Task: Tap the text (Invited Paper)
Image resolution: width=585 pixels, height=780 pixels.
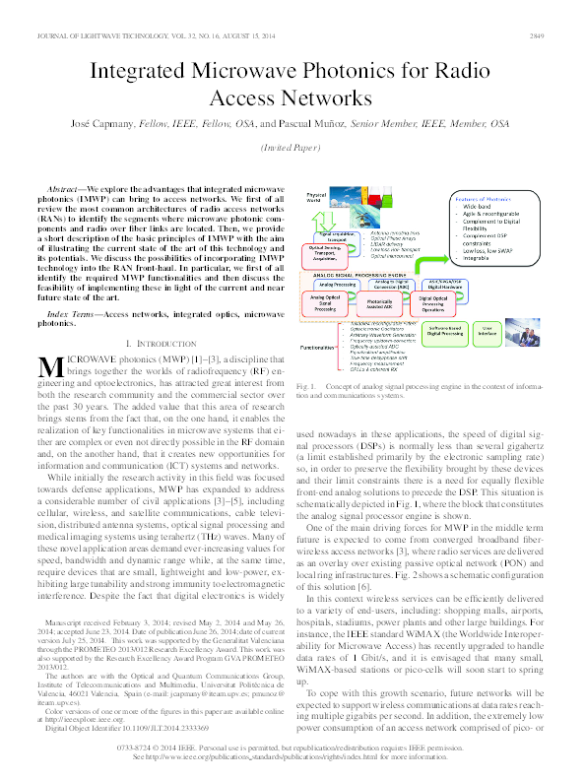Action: pyautogui.click(x=292, y=148)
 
